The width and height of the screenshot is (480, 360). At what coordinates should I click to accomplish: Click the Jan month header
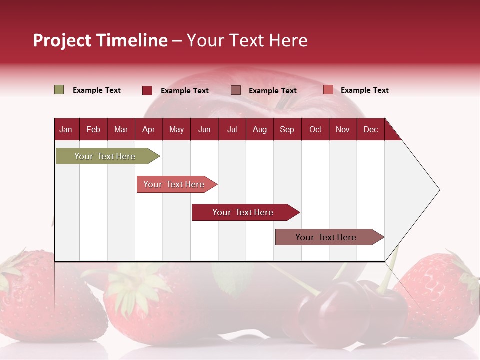click(x=66, y=129)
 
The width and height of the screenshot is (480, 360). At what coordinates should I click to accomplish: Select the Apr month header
click(x=148, y=129)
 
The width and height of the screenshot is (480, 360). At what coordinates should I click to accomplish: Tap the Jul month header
click(x=232, y=129)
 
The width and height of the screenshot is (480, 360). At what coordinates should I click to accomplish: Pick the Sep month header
click(x=287, y=129)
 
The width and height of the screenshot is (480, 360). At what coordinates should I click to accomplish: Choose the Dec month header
click(x=370, y=129)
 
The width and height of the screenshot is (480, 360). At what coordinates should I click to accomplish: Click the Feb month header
click(x=93, y=129)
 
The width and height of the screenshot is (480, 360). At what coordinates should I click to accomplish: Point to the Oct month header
click(x=315, y=129)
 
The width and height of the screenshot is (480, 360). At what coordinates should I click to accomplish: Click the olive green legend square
click(x=59, y=90)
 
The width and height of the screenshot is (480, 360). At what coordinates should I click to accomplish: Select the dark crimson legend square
click(x=147, y=90)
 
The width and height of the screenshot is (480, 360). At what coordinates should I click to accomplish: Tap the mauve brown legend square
click(x=236, y=90)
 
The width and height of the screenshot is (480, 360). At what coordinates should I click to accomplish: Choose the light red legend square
click(x=328, y=90)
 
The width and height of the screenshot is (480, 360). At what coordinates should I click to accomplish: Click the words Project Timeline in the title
click(x=100, y=40)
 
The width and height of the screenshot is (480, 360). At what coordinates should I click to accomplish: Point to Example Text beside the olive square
click(x=97, y=90)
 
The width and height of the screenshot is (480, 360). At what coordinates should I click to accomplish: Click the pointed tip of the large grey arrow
click(x=438, y=190)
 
